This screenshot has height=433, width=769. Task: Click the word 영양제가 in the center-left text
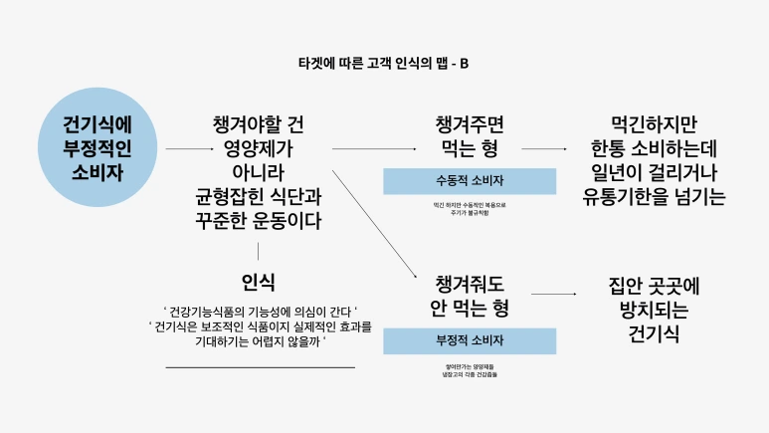pyautogui.click(x=259, y=148)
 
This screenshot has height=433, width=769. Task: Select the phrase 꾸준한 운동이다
pyautogui.click(x=259, y=218)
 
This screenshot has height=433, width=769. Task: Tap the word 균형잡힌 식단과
pyautogui.click(x=259, y=195)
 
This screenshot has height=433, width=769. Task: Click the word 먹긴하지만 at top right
pyautogui.click(x=654, y=126)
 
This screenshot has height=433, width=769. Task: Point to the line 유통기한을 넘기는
pyautogui.click(x=654, y=195)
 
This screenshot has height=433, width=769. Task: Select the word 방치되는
pyautogui.click(x=654, y=311)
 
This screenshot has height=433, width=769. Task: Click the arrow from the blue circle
pyautogui.click(x=186, y=149)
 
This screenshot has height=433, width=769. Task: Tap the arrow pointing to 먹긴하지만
pyautogui.click(x=545, y=149)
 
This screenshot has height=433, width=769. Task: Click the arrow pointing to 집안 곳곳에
pyautogui.click(x=554, y=295)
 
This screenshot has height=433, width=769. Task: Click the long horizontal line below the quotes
pyautogui.click(x=259, y=367)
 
